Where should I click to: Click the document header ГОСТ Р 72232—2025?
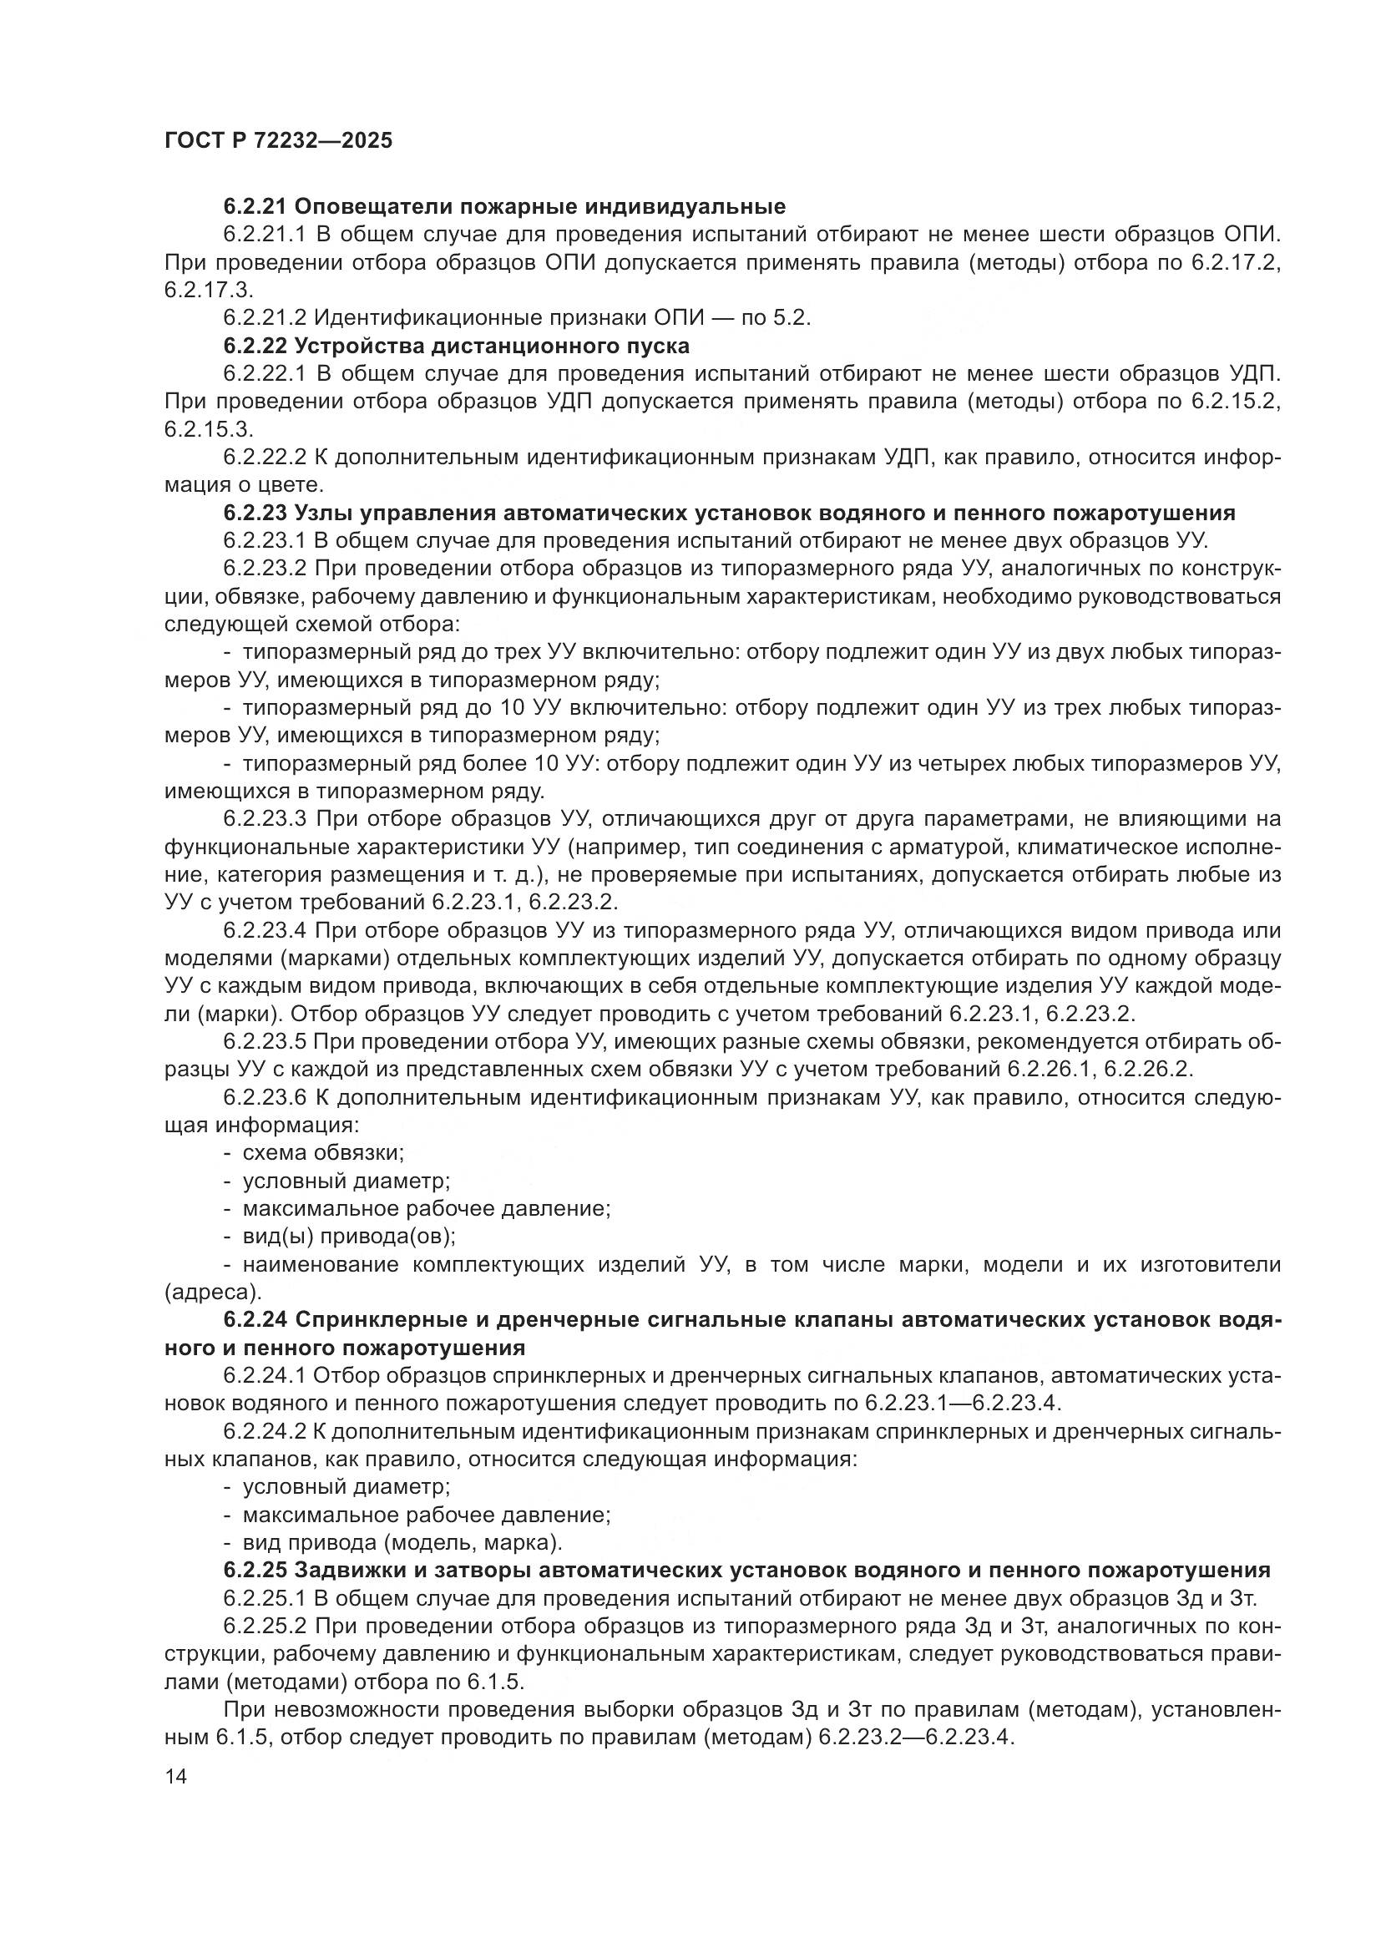(x=278, y=141)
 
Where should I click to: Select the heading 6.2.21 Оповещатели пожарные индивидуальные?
(x=504, y=206)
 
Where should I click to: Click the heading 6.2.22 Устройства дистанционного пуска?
(x=456, y=346)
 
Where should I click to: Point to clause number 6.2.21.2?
(x=265, y=318)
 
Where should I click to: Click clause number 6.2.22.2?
(x=265, y=458)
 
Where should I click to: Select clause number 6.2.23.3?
(x=265, y=819)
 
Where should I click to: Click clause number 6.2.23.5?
(x=265, y=1042)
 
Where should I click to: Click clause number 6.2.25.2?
(x=265, y=1626)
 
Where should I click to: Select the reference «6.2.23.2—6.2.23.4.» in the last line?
(x=918, y=1737)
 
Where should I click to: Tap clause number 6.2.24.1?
(x=265, y=1375)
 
